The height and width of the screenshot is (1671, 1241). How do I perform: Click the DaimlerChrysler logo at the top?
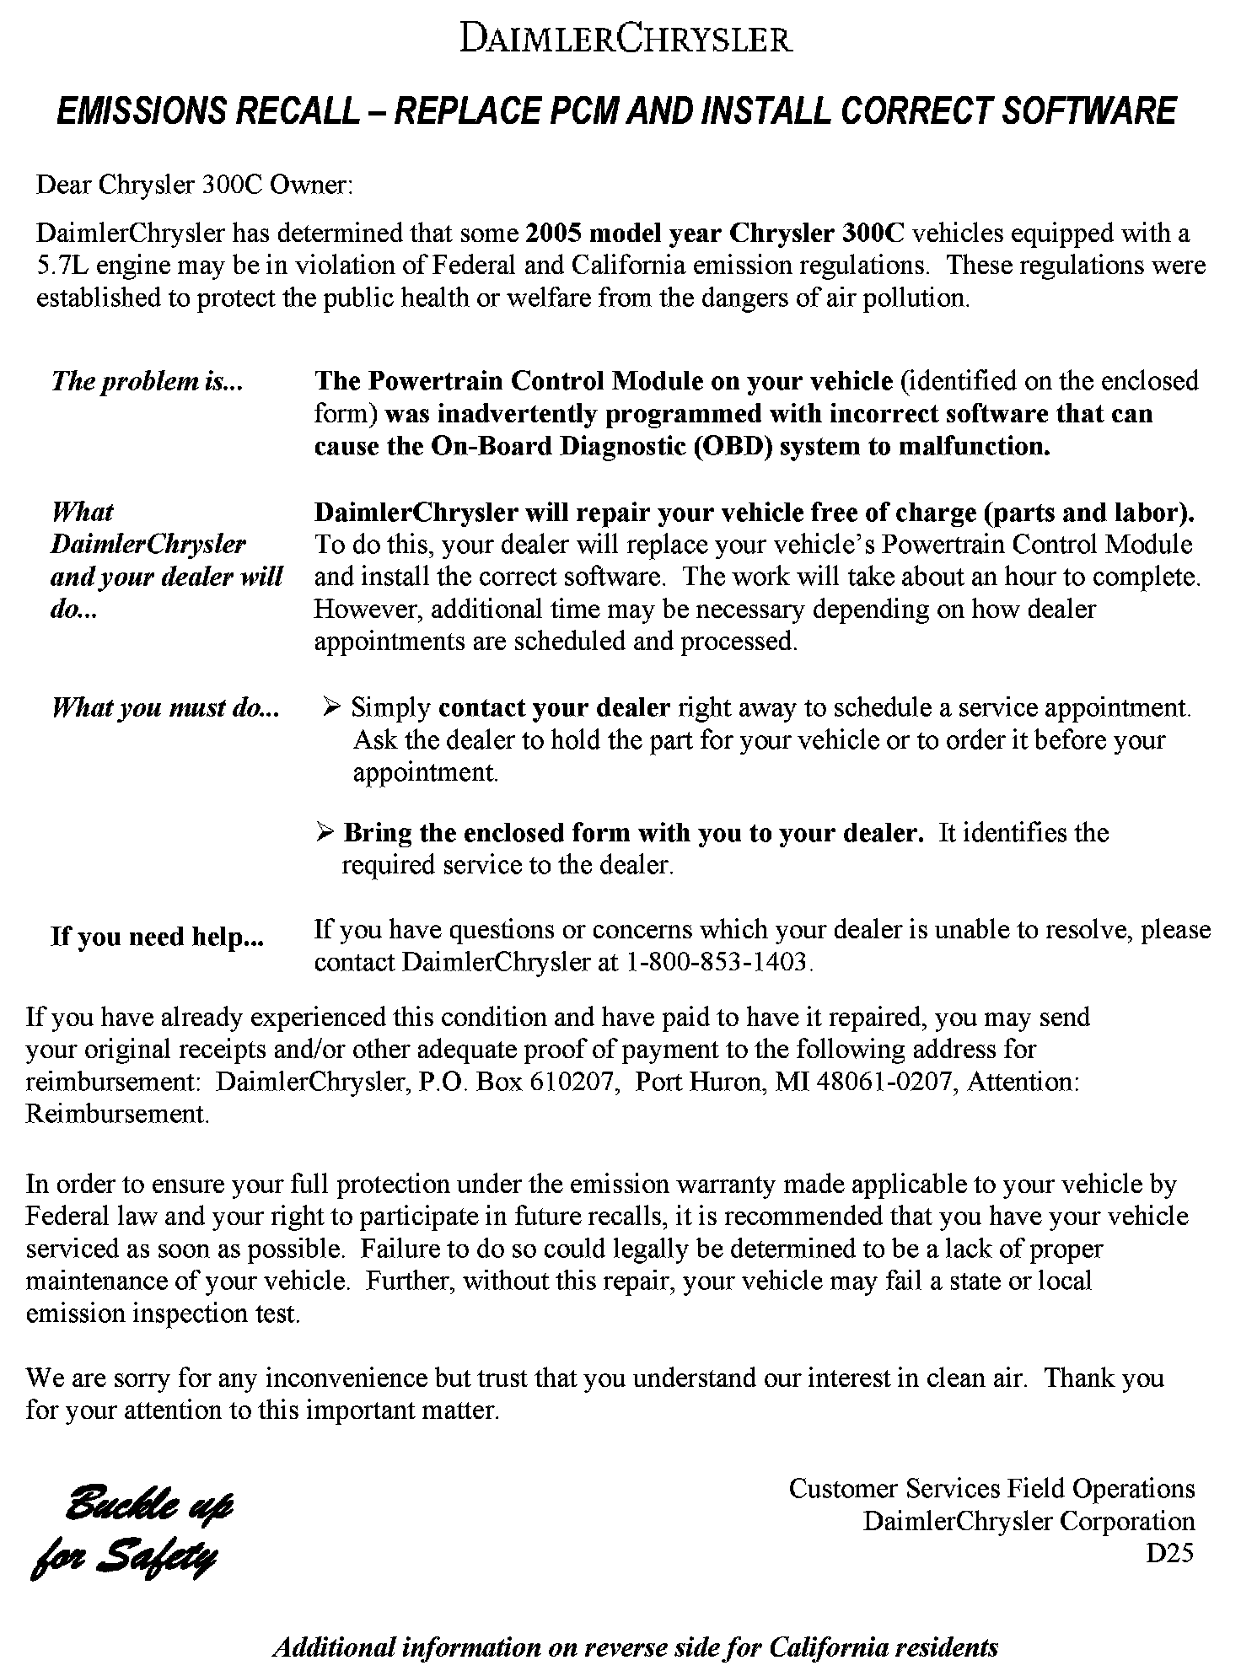(x=626, y=40)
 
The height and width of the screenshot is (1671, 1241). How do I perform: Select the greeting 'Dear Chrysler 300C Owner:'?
(x=194, y=185)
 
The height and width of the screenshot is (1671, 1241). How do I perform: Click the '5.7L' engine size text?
(x=61, y=266)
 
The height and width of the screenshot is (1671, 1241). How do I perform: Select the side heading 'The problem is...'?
(x=147, y=381)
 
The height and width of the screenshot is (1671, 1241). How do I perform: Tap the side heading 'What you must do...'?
(x=165, y=707)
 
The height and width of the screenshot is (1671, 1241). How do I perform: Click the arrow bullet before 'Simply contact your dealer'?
(x=331, y=707)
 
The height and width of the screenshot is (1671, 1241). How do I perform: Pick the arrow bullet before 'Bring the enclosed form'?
(x=325, y=833)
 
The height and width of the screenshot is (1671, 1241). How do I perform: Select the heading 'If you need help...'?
(x=157, y=937)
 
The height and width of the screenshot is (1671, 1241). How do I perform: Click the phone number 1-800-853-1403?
(x=716, y=962)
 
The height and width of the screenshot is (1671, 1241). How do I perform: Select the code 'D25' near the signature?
(x=1169, y=1553)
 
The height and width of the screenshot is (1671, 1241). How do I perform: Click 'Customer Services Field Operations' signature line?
(x=991, y=1489)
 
